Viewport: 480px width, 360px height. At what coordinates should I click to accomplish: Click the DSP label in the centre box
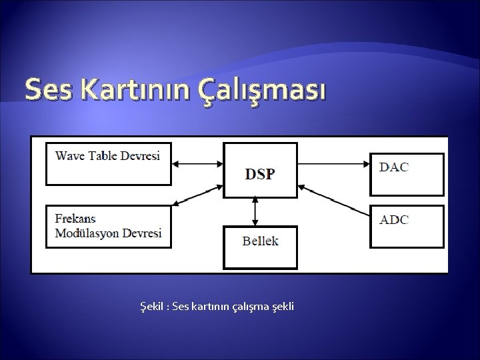point(259,174)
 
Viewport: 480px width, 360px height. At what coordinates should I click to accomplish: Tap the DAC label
point(394,167)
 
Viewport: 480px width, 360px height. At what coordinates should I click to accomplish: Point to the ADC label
point(394,219)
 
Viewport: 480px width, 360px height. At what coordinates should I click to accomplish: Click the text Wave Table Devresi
point(107,156)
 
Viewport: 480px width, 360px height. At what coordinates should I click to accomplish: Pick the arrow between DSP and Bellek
point(255,211)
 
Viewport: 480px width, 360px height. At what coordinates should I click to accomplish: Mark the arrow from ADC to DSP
point(333,199)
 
